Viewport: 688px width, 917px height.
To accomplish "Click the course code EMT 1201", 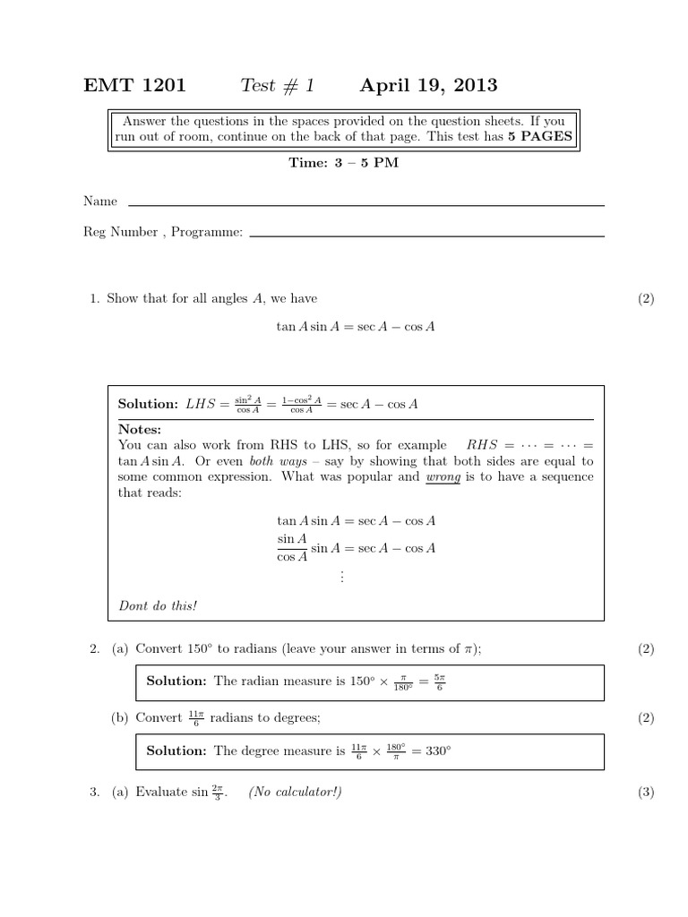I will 134,86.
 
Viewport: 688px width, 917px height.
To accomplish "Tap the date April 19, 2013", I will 428,86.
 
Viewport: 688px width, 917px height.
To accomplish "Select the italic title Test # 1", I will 278,86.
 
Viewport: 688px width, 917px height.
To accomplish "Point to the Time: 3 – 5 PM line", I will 343,163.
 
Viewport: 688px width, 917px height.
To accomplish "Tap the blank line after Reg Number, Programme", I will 426,236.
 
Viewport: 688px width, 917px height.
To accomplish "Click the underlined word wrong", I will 443,477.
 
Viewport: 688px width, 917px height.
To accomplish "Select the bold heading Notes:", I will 140,430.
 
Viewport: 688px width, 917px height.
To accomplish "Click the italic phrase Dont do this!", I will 158,605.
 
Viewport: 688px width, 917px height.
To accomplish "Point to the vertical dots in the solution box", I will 341,577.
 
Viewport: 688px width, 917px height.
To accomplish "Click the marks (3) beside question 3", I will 646,793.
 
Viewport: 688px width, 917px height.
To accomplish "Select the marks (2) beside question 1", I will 646,298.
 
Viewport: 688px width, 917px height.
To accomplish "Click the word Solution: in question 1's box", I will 148,404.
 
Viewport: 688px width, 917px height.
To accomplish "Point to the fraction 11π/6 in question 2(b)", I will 196,718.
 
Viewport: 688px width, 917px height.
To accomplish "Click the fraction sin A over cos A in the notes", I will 292,547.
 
